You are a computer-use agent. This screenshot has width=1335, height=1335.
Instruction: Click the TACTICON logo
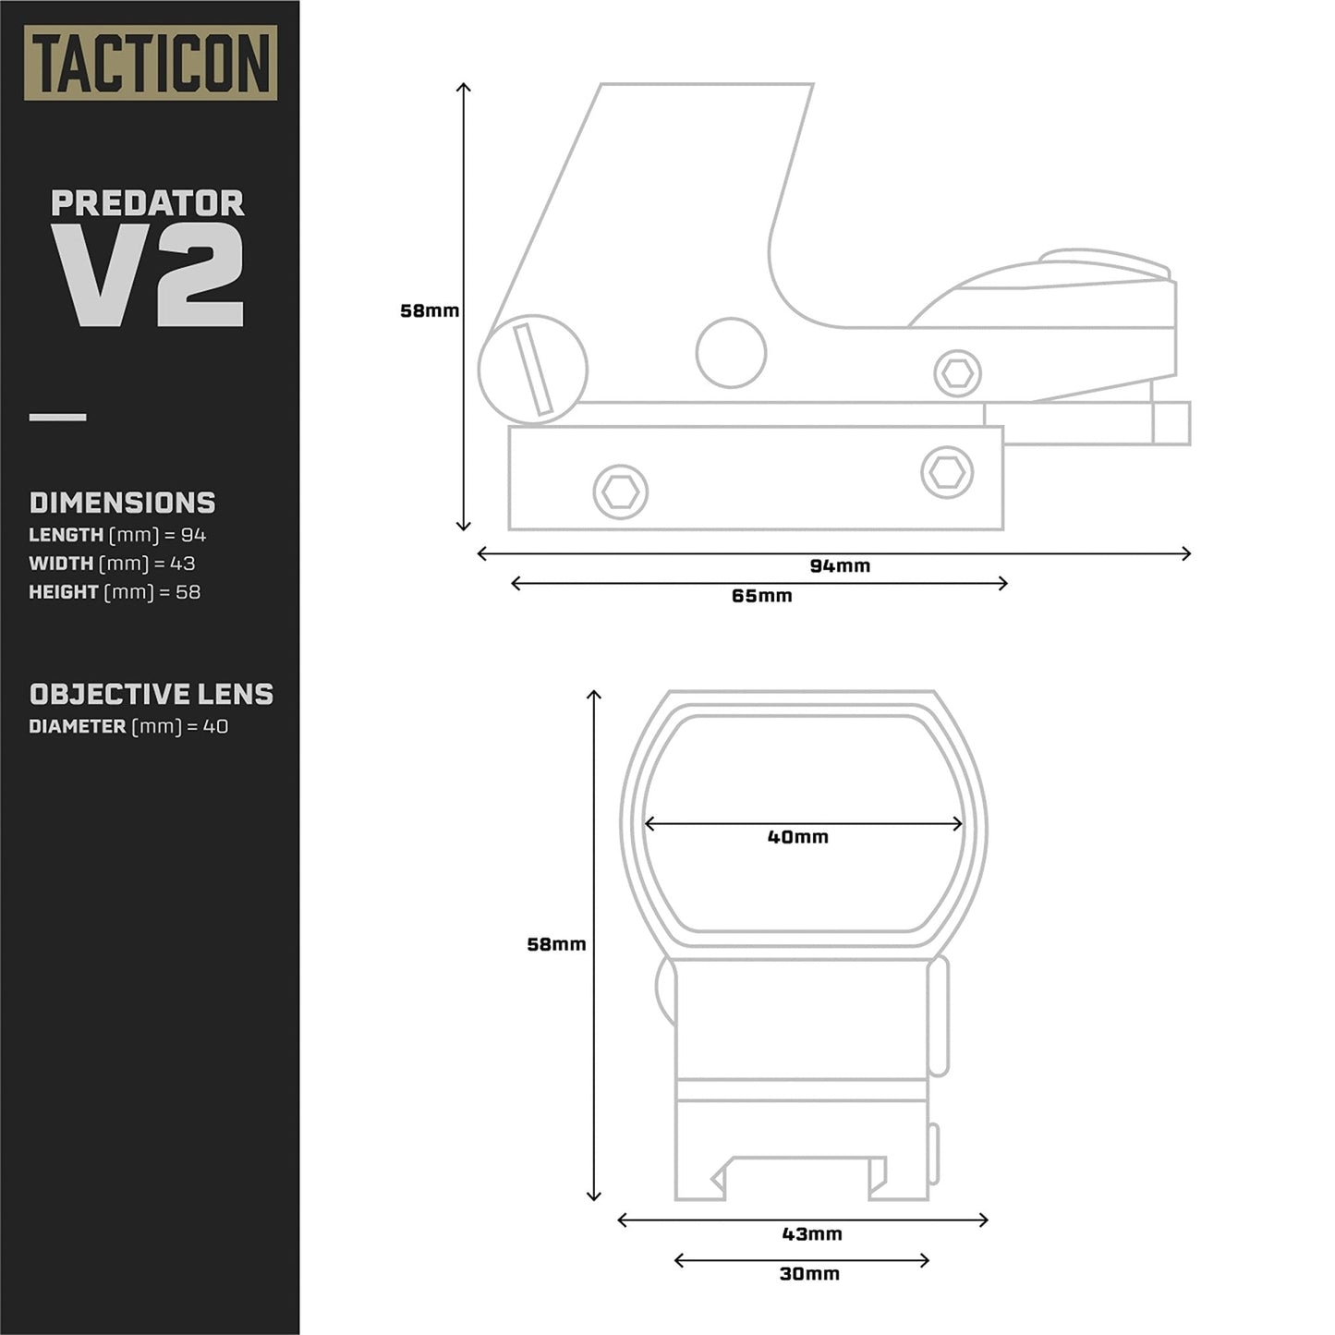pos(150,63)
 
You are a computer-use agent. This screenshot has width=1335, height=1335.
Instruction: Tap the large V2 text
pos(148,275)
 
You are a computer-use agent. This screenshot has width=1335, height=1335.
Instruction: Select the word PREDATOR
pos(148,203)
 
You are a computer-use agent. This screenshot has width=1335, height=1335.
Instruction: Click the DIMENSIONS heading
pos(122,503)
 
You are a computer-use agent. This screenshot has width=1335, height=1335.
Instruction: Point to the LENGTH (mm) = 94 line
pos(117,535)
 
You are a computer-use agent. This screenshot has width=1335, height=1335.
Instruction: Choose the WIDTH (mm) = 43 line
pos(112,564)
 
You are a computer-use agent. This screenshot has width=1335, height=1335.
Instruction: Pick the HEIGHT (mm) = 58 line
pos(115,592)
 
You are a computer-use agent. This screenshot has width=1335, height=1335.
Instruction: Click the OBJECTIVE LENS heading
pos(152,695)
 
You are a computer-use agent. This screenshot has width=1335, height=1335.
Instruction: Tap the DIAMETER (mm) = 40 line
pos(128,727)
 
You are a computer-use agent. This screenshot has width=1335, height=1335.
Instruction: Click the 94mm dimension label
pos(840,566)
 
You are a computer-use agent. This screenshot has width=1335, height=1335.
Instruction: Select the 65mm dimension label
pos(761,596)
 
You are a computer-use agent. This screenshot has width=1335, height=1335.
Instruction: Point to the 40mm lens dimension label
pos(798,837)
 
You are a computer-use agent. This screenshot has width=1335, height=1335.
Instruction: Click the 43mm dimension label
pos(812,1234)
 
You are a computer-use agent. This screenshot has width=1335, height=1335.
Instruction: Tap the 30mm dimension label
pos(809,1274)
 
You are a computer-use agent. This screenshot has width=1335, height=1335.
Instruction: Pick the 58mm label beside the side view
pos(430,311)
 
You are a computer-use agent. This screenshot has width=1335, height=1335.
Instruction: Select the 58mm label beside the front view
pos(556,944)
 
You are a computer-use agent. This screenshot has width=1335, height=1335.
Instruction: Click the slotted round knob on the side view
pos(533,370)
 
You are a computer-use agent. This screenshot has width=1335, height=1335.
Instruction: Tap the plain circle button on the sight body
pos(731,353)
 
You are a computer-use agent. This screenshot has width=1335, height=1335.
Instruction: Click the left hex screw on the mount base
pos(621,492)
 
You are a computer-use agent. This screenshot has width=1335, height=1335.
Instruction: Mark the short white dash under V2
pos(57,418)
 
